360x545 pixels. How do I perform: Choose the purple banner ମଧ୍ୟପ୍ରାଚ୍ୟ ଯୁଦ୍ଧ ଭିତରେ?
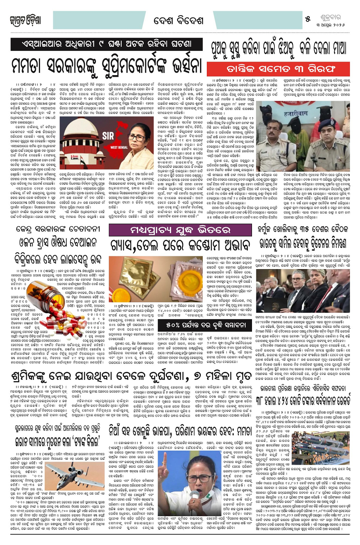coord(182,230)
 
